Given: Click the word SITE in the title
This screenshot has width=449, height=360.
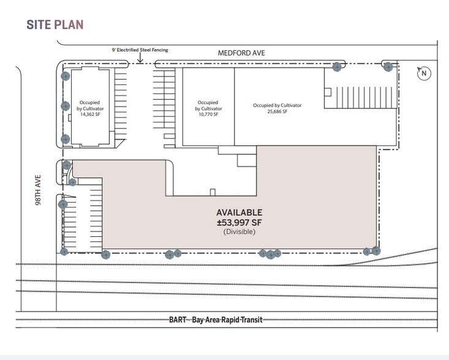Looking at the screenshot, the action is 39,24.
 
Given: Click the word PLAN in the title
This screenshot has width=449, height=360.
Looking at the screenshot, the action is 69,24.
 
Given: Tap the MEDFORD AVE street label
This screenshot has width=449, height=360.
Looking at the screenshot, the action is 241,53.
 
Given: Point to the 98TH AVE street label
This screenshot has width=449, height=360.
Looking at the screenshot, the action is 38,190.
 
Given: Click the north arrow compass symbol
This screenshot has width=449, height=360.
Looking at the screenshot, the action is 424,73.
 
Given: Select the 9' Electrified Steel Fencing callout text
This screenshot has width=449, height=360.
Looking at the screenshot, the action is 140,50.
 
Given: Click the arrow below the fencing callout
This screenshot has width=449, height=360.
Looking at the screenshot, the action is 140,58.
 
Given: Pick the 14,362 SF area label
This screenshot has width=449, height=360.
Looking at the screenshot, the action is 90,114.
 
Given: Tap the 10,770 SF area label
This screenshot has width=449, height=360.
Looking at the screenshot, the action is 208,114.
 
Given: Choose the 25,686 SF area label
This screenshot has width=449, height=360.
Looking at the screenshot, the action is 277,111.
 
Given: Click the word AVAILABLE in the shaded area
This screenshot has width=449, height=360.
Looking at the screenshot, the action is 239,212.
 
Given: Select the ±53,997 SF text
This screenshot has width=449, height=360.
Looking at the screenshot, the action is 239,222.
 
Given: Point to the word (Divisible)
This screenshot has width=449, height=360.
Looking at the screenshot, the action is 240,231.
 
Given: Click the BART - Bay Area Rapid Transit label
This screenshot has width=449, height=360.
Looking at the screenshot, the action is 216,320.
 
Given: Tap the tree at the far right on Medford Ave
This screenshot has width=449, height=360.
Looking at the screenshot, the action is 388,67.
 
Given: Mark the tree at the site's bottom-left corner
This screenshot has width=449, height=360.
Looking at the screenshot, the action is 64,252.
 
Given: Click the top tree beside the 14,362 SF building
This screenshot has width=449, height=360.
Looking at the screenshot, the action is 66,76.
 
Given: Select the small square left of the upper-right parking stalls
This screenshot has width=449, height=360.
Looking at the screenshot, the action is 328,92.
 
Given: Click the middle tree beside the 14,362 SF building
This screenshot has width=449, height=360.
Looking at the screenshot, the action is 66,106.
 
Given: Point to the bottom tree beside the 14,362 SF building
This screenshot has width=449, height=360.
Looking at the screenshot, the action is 66,139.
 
